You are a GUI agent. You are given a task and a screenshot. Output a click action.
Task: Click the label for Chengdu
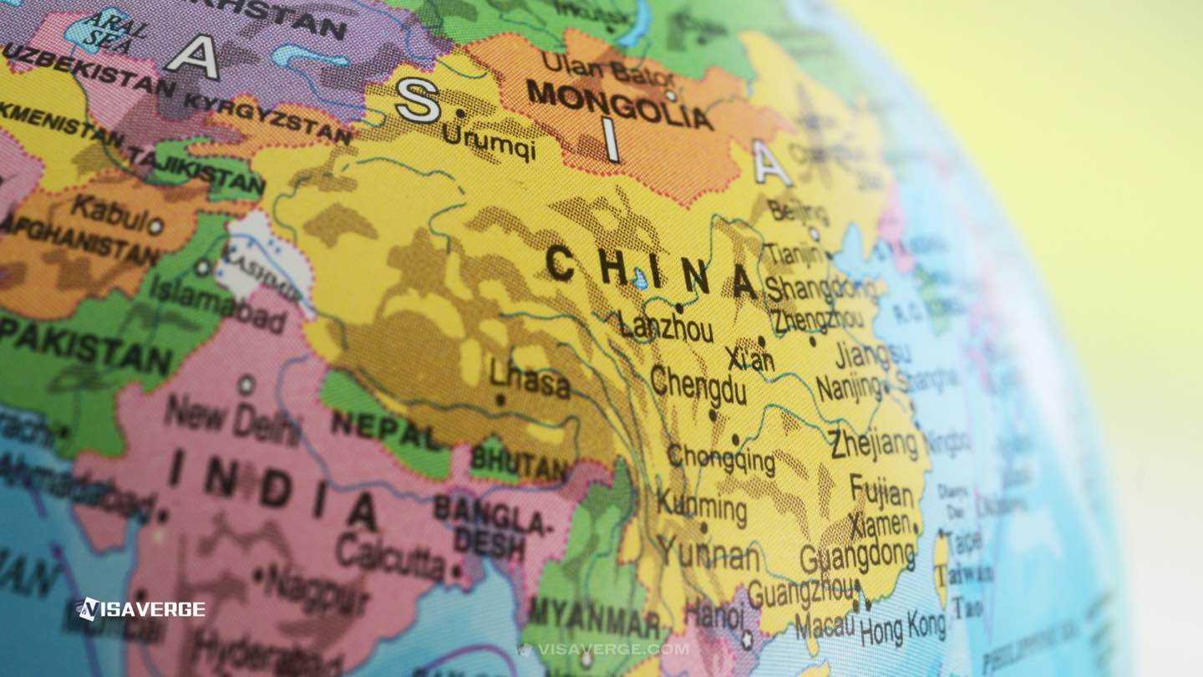(x=698, y=385)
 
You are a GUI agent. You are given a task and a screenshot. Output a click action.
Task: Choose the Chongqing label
(x=720, y=458)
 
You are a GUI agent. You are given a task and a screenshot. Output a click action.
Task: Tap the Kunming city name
(x=701, y=506)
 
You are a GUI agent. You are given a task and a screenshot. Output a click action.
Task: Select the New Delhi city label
(x=232, y=419)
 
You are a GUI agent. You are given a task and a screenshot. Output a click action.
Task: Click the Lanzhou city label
(x=665, y=327)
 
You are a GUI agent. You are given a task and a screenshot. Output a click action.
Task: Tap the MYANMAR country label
(x=594, y=616)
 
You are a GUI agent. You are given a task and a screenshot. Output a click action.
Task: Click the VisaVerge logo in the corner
(x=141, y=609)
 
